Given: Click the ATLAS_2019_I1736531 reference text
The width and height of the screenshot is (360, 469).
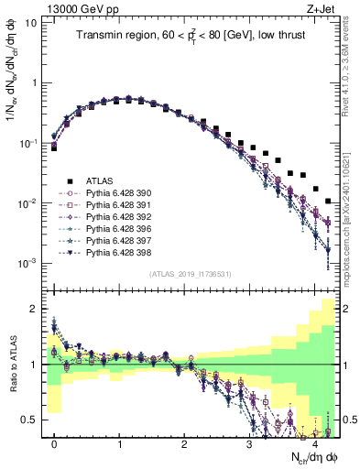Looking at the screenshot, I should click(191, 274).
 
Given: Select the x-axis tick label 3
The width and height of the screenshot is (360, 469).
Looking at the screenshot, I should click(249, 443).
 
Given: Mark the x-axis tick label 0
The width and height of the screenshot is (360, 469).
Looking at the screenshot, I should click(54, 443).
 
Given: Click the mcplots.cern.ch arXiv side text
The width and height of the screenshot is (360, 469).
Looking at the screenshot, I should click(350, 220).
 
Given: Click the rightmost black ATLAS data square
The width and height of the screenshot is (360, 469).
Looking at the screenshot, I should click(328, 201).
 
